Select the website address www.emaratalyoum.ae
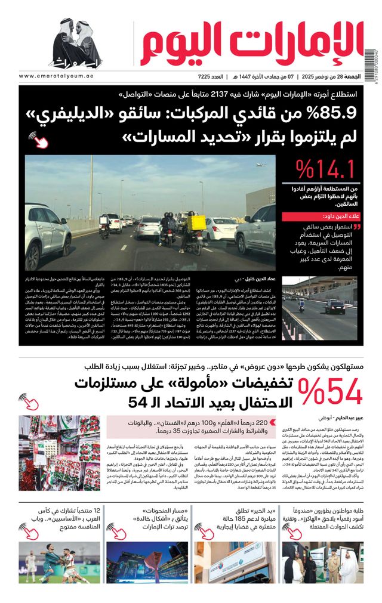click(x=57, y=77)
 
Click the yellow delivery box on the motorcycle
click(x=196, y=223)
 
